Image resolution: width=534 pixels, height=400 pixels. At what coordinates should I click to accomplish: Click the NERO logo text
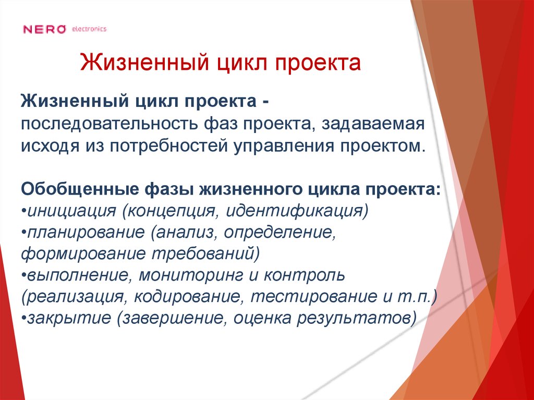coord(45,29)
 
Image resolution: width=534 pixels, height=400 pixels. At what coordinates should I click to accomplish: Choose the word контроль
coord(301,274)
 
